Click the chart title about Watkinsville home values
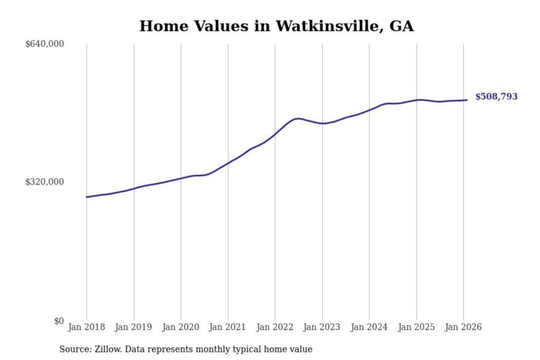276,26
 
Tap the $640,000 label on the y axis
45,44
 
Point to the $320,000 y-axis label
45,182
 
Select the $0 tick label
59,321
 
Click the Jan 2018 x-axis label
86,327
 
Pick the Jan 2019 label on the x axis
133,327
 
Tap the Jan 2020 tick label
180,327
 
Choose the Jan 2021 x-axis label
227,327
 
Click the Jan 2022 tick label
274,327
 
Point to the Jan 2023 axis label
321,327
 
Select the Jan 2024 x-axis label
369,327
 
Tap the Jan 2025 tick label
416,327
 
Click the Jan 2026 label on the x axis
463,327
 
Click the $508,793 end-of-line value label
496,97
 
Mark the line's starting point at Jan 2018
87,197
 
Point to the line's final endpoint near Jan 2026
467,100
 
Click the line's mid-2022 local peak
297,118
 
